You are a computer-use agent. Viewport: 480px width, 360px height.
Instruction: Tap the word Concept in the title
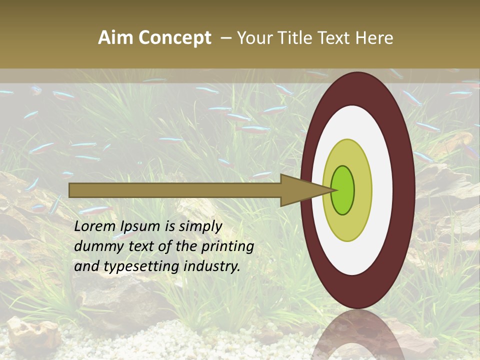click(175, 38)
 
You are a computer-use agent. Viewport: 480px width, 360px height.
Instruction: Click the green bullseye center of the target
click(343, 190)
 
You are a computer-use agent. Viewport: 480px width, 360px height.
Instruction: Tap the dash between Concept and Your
click(225, 38)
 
